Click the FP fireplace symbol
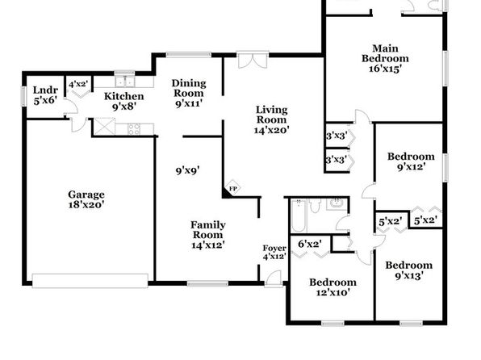[x=232, y=188]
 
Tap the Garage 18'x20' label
[x=86, y=199]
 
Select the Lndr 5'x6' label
[x=45, y=95]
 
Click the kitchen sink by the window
[x=125, y=82]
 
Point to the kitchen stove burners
[x=134, y=129]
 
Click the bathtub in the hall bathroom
[x=299, y=216]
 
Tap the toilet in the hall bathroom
[x=315, y=206]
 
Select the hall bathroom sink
[x=337, y=203]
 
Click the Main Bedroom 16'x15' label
[x=385, y=58]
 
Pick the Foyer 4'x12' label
[x=274, y=252]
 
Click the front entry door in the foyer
[x=274, y=278]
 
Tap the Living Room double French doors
[x=253, y=61]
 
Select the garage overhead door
[x=90, y=281]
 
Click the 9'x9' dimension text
[x=188, y=170]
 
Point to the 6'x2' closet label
[x=310, y=244]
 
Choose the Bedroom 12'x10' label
[x=333, y=287]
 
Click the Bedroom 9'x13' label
[x=409, y=270]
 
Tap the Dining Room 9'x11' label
[x=189, y=93]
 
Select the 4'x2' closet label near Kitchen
[x=78, y=84]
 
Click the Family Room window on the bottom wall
[x=208, y=283]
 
